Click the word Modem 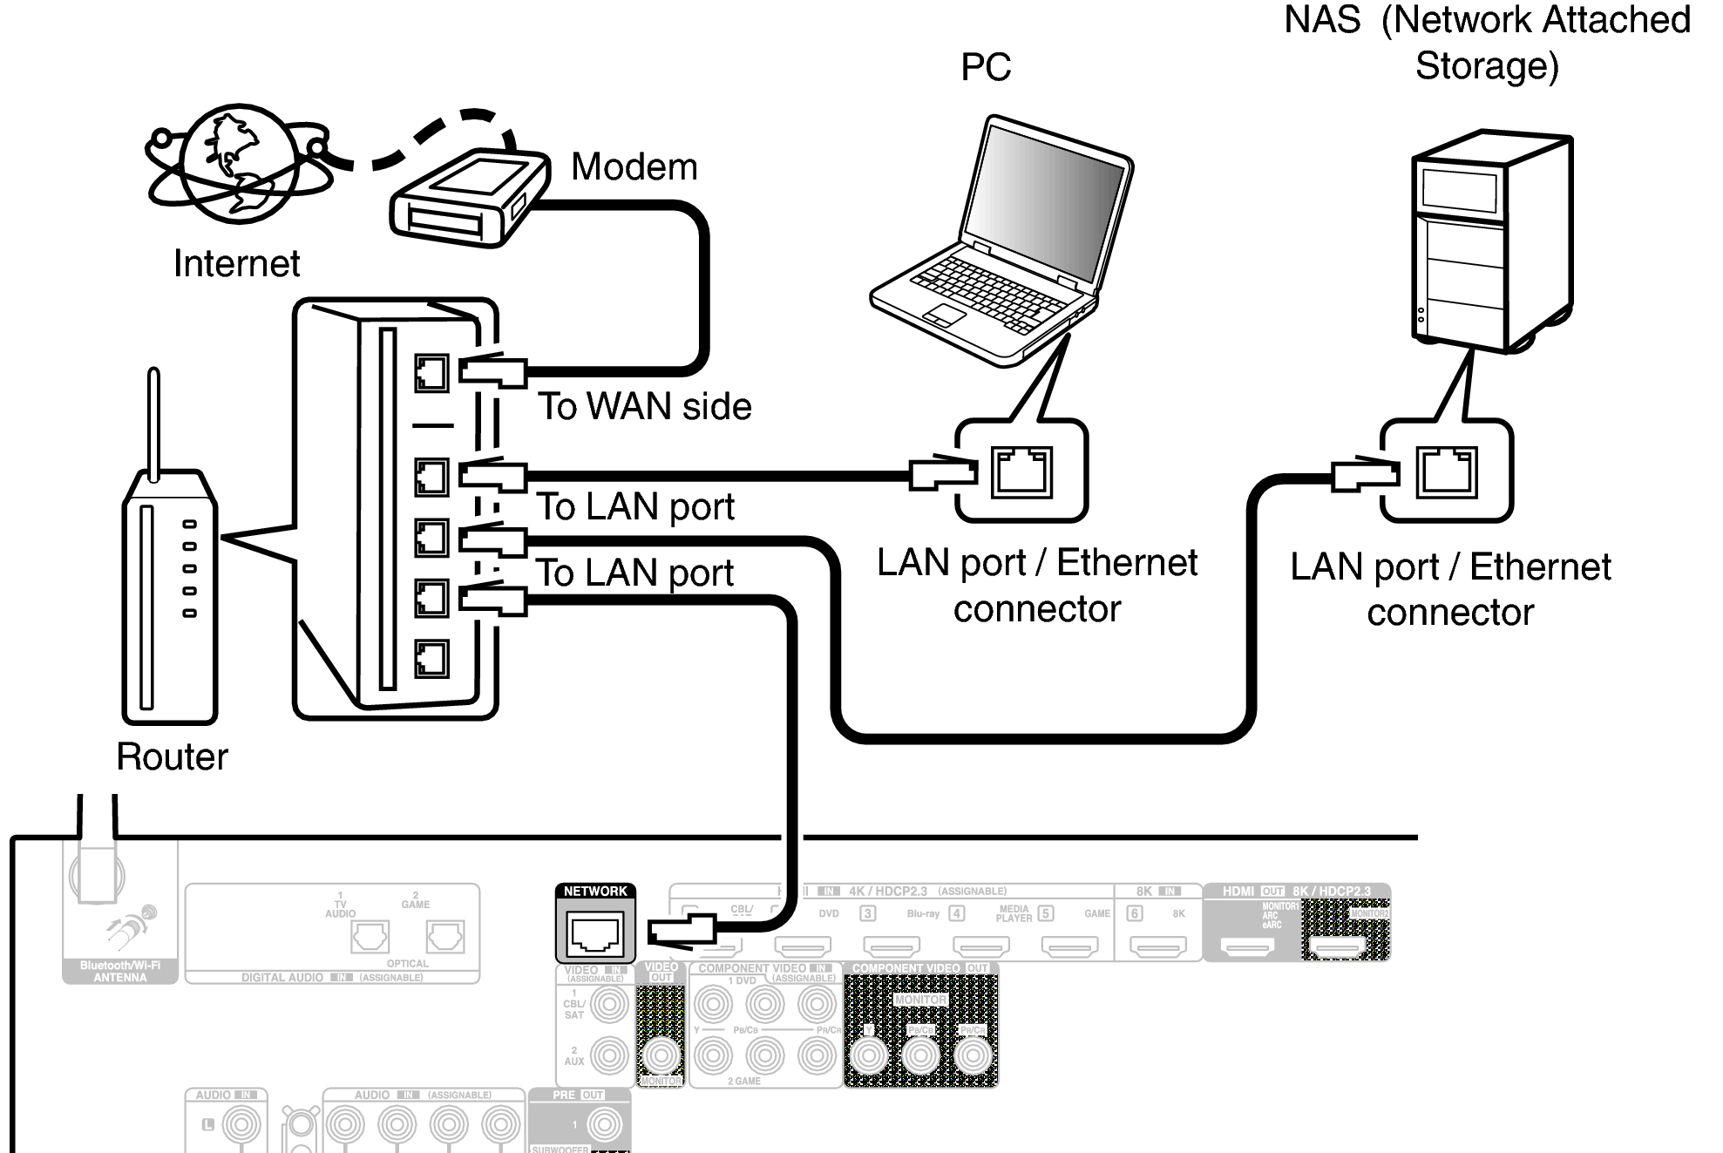pos(634,166)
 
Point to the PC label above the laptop pos(986,67)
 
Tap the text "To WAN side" pos(644,406)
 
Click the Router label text pos(172,756)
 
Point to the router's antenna pos(153,423)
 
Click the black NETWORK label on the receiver pos(595,892)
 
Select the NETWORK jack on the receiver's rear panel pos(595,934)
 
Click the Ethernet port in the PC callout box pos(1021,471)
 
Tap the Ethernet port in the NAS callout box pos(1447,471)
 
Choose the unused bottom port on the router pos(431,659)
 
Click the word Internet pos(236,263)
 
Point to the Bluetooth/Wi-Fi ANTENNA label pos(120,971)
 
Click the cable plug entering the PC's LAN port pos(941,473)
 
